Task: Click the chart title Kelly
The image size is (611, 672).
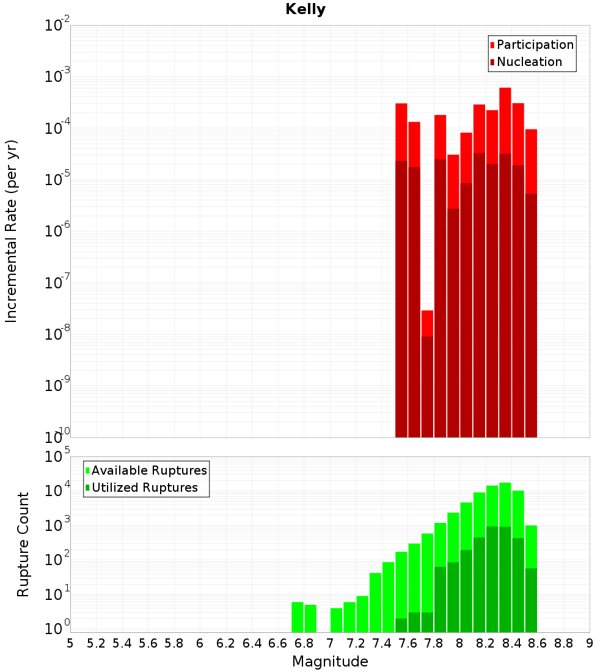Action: point(305,10)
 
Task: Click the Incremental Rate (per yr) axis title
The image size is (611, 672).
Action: point(12,232)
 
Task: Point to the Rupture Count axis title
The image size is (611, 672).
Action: point(23,544)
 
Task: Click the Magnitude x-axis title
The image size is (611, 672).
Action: point(330,662)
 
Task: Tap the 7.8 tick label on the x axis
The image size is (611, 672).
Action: point(434,643)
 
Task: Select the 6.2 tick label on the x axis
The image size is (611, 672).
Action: point(226,643)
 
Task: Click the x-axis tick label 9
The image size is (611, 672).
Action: point(590,643)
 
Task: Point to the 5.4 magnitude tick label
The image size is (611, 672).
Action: point(122,643)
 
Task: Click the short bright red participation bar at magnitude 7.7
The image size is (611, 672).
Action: point(427,323)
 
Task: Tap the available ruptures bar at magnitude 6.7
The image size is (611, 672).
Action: point(298,617)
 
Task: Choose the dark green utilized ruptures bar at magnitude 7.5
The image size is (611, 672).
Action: point(401,625)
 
